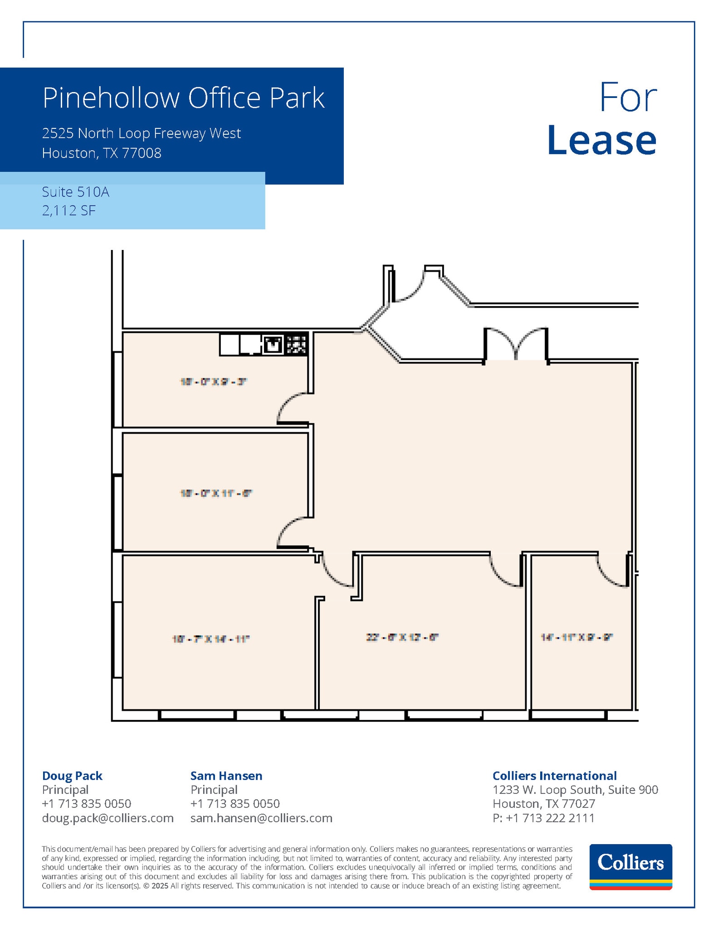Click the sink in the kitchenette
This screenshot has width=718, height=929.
coord(272,345)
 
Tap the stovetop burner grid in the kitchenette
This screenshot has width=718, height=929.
coord(296,345)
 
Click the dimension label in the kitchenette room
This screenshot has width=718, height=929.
coord(213,382)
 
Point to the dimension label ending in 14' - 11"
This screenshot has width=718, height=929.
coord(211,639)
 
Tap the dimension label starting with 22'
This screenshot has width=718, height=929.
coord(402,637)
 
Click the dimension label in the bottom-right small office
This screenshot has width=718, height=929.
coord(577,637)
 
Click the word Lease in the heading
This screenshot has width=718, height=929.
coord(601,140)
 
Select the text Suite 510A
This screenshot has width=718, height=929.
coord(76,192)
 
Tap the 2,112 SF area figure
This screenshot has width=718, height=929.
coord(69,210)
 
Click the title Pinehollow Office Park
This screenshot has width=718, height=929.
coord(184,98)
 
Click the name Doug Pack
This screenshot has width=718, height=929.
coord(72,776)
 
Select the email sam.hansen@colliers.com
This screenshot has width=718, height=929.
coord(261,818)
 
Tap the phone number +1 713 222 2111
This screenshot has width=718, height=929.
coord(550,818)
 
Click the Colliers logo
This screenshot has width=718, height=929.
coord(630,867)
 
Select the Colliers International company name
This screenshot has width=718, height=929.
coord(554,776)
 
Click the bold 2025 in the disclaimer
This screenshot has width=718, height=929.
coord(159,886)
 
